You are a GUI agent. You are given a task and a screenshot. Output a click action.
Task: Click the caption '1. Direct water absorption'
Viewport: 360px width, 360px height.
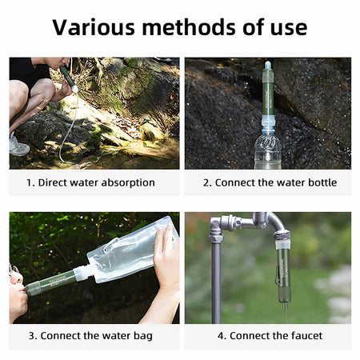pos(90,182)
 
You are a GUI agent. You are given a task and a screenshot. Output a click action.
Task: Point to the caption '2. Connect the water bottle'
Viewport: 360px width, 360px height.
pos(269,182)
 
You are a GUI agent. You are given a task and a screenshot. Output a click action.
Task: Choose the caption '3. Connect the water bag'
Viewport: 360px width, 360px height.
pos(90,336)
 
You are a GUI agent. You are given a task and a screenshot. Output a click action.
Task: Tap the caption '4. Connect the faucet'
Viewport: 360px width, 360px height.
pos(269,336)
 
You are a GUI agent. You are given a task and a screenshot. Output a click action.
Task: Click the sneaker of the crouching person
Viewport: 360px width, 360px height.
pos(18,146)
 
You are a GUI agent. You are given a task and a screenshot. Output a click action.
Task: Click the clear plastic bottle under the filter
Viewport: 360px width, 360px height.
pos(267,147)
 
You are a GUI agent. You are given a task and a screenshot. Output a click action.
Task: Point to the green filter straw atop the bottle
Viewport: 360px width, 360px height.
pos(267,92)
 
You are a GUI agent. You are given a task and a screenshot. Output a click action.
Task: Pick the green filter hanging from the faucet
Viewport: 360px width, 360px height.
pos(283,268)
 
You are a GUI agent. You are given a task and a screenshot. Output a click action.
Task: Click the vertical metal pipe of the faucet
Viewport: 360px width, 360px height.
pos(215,280)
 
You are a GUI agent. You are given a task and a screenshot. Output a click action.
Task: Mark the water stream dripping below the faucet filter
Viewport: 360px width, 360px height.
pos(284,312)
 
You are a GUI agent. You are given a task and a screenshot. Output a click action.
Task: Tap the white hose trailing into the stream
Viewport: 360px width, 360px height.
pos(64,140)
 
